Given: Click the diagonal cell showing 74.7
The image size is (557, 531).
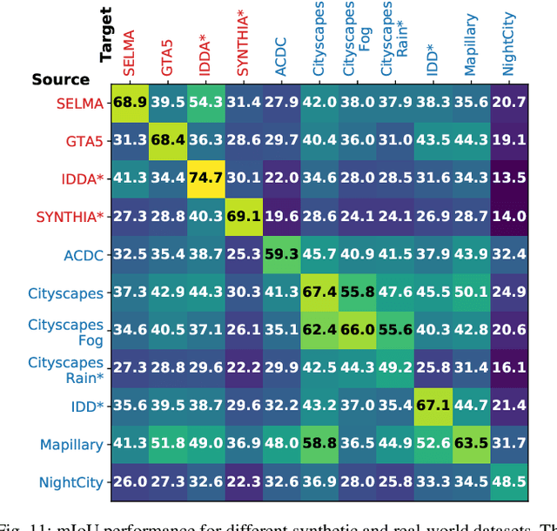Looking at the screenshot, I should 205,178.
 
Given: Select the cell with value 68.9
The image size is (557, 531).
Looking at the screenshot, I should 129,103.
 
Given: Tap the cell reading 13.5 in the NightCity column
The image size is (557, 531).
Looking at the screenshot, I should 509,178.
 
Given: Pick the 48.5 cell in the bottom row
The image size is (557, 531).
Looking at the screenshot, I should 509,481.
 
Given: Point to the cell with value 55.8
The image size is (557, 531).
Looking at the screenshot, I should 357,292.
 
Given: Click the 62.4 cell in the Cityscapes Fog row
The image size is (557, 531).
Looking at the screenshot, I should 319,330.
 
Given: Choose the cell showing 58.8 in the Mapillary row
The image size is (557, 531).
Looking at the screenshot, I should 319,444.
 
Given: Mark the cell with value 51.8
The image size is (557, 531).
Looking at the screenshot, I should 167,444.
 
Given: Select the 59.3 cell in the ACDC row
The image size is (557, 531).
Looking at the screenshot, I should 281,254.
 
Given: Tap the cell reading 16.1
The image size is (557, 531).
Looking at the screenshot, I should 509,368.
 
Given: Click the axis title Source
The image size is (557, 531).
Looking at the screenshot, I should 61,79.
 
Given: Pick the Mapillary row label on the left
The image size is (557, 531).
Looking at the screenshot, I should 71,444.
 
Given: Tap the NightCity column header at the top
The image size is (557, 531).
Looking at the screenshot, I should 509,44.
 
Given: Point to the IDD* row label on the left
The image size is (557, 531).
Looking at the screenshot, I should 87,407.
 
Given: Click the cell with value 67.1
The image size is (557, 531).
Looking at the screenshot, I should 433,407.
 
